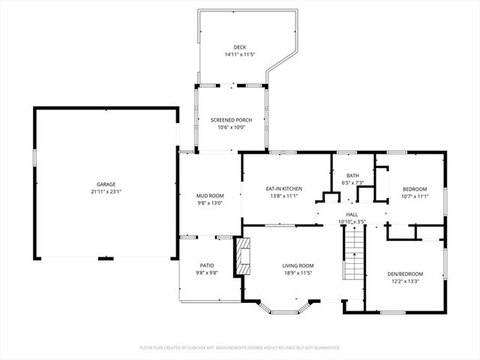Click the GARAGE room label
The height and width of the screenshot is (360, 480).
coord(106,184)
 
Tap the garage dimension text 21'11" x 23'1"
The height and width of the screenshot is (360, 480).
coord(106,191)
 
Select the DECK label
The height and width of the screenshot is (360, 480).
coord(239,47)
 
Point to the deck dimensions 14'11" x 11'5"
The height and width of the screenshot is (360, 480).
coord(239,55)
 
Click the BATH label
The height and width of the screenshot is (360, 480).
coord(352,175)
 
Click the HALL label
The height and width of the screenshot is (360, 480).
coord(352,214)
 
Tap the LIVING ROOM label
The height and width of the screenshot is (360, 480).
coord(298,265)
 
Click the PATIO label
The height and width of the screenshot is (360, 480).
coord(207,265)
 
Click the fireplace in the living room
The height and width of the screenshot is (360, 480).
coord(242,259)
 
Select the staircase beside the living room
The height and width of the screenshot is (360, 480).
coord(353,255)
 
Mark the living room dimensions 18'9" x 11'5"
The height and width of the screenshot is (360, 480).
coord(298,273)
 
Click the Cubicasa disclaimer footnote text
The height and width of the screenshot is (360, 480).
coord(240,347)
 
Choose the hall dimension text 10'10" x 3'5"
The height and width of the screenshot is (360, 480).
coord(352,222)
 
